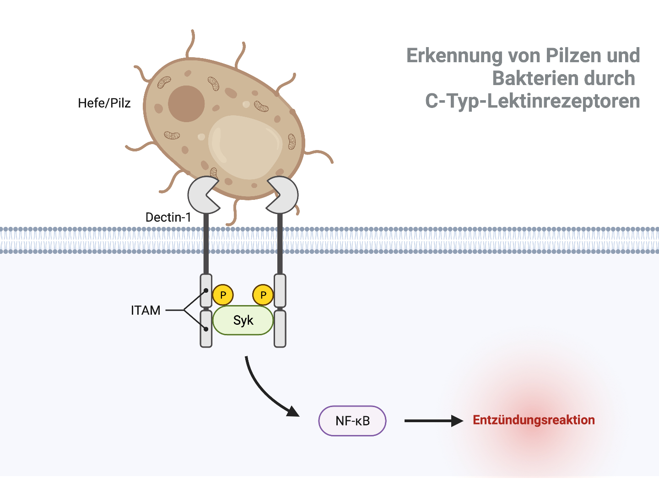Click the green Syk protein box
[243, 320]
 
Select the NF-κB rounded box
[352, 421]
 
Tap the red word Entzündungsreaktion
[534, 420]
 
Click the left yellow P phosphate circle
[223, 295]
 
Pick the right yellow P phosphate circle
[263, 295]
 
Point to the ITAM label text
[146, 310]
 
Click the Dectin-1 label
[168, 217]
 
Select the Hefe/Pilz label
[104, 103]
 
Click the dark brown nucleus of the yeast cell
[186, 104]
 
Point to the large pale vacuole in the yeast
[245, 146]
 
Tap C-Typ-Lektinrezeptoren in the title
[532, 101]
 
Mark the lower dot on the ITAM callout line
[206, 329]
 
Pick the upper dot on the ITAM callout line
[206, 290]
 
